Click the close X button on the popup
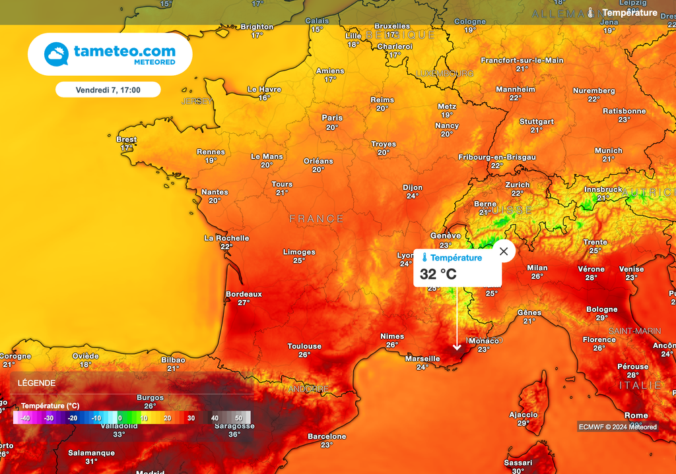pos(504,251)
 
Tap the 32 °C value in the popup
pos(438,274)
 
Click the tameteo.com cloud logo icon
pos(56,54)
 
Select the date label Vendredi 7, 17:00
pos(108,89)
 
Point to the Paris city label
pos(332,118)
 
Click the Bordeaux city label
pos(244,294)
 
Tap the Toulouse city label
pos(304,346)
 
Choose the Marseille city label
pos(422,359)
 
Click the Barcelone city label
pos(327,436)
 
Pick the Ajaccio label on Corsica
pos(524,415)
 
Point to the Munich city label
pos(608,150)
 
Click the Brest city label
pos(126,140)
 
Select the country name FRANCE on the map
pos(317,218)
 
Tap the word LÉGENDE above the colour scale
pos(36,383)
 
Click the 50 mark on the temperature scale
pos(238,418)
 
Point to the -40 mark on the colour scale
pos(25,418)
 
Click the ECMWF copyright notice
pos(617,427)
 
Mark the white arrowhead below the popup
pos(457,347)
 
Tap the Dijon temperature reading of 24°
pos(413,196)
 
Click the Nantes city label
pos(215,192)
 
